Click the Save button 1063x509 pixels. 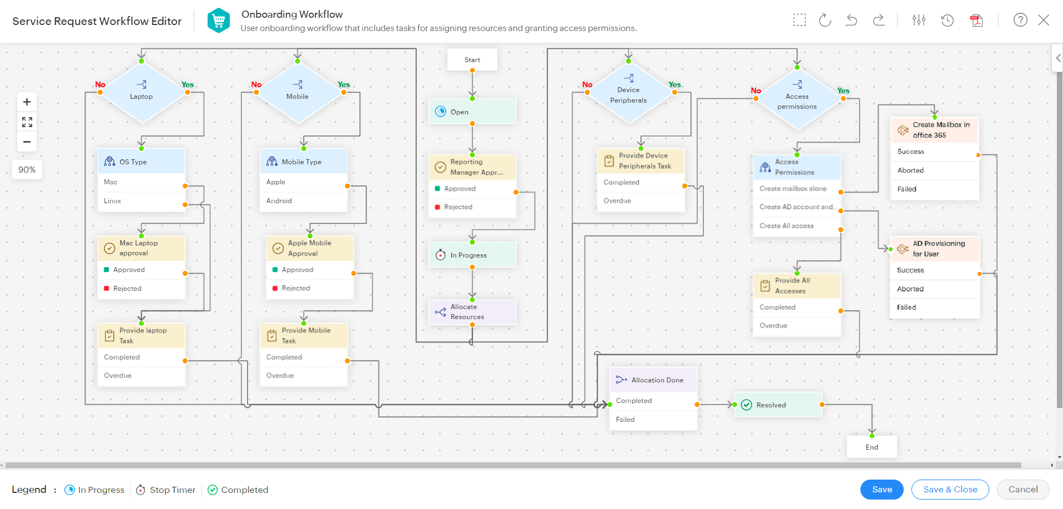[x=881, y=489]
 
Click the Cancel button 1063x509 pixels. [x=1022, y=489]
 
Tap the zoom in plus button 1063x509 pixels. [x=27, y=102]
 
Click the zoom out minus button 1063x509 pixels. [x=27, y=142]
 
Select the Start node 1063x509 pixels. [x=472, y=59]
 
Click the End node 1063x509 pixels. [x=871, y=447]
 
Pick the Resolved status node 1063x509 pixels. [x=777, y=405]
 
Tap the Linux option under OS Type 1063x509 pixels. [x=113, y=201]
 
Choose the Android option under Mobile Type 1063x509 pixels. [x=279, y=201]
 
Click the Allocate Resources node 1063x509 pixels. [x=472, y=312]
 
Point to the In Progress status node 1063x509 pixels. [x=472, y=255]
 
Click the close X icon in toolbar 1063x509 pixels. [x=1044, y=21]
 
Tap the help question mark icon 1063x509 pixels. [x=1020, y=21]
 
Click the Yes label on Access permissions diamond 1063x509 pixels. [x=843, y=90]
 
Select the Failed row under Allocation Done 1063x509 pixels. [x=626, y=420]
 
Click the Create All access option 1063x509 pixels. [x=787, y=226]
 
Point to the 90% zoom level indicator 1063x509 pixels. [x=27, y=170]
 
